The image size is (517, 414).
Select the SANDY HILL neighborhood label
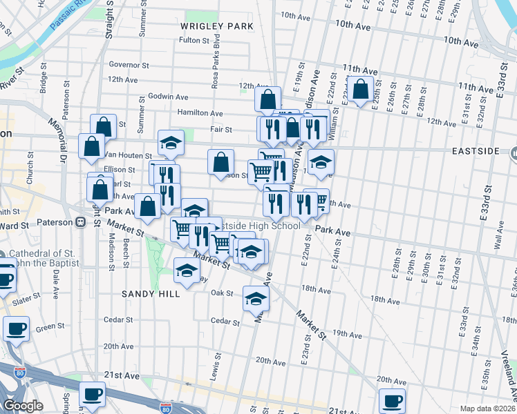click(x=151, y=293)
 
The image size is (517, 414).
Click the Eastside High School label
click(x=258, y=226)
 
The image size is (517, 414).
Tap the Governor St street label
click(x=129, y=65)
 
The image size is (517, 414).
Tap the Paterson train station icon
click(x=80, y=222)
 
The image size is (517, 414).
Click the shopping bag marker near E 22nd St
click(x=360, y=90)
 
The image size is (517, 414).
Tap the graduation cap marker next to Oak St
click(x=256, y=299)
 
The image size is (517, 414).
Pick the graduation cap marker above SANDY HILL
click(x=187, y=270)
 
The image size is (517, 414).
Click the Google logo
click(x=23, y=406)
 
